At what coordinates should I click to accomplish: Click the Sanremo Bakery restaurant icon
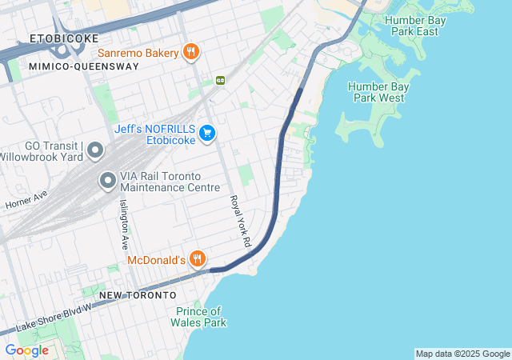tap(190, 53)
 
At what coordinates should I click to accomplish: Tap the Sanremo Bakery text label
tap(138, 54)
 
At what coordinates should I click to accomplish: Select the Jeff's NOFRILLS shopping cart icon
tap(207, 133)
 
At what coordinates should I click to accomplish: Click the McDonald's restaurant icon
tap(198, 259)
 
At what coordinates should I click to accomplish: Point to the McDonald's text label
tap(156, 260)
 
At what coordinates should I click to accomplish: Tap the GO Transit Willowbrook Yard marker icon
tap(94, 150)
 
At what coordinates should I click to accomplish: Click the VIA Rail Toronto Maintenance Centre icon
tap(107, 182)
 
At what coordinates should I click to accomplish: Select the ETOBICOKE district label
tap(64, 38)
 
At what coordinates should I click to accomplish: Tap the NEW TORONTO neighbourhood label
tap(137, 295)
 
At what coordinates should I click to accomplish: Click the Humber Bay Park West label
tap(376, 92)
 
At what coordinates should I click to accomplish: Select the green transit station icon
tap(220, 80)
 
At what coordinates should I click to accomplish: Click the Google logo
tap(26, 350)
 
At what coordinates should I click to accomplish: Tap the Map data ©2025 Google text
tap(462, 354)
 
